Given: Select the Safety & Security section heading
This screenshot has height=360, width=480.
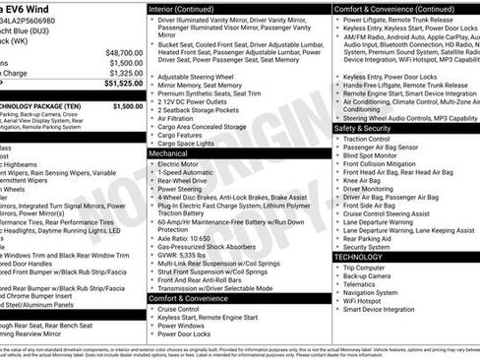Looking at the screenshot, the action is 362,128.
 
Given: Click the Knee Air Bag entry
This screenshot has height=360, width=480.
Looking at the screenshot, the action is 363,182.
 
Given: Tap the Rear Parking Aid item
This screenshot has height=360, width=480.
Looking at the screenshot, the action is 368,237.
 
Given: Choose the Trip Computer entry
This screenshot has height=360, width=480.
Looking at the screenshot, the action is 363,268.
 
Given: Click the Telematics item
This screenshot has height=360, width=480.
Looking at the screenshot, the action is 360,284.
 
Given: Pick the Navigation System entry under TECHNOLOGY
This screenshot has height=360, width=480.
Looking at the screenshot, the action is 371,293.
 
